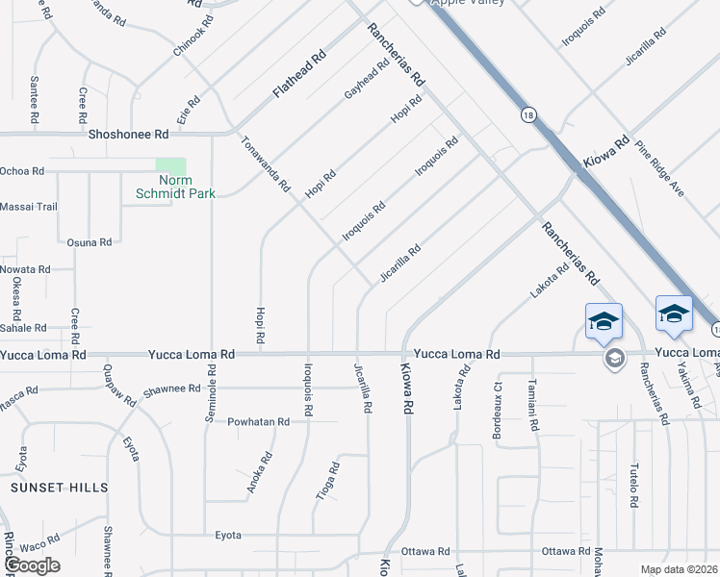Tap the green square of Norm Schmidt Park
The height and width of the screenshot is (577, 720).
pyautogui.click(x=170, y=166)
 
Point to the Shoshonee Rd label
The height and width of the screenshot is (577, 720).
pyautogui.click(x=128, y=135)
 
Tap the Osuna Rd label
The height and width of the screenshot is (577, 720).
pyautogui.click(x=90, y=242)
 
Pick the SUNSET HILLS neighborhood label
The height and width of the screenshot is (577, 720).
pyautogui.click(x=60, y=488)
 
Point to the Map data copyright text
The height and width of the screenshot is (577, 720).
pyautogui.click(x=679, y=569)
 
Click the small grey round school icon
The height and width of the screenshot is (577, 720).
pyautogui.click(x=613, y=359)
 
